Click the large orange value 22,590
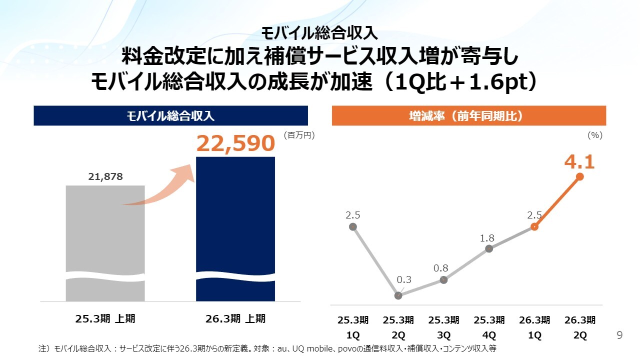[x=235, y=144]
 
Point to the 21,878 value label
[x=105, y=176]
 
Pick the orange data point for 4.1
[x=580, y=176]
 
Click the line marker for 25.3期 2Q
[x=398, y=295]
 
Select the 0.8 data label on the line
[x=440, y=268]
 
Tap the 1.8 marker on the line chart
[x=489, y=249]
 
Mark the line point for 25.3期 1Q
[x=352, y=226]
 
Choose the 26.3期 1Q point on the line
[x=534, y=226]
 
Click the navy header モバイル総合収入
[x=170, y=116]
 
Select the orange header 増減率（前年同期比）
[x=468, y=116]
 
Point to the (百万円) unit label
[x=299, y=135]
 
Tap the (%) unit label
[x=595, y=135]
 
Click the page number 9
[x=620, y=335]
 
